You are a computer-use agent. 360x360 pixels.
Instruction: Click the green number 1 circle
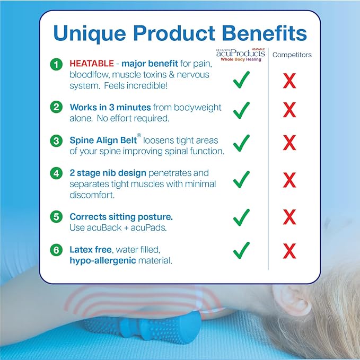pyautogui.click(x=56, y=65)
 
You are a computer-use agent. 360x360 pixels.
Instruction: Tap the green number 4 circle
pyautogui.click(x=56, y=173)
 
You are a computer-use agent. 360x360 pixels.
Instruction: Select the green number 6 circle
pyautogui.click(x=56, y=249)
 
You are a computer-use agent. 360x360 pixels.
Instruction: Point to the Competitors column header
pyautogui.click(x=292, y=55)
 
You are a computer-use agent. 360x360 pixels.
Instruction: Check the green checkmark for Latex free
pyautogui.click(x=241, y=248)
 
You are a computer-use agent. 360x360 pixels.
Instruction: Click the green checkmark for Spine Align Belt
pyautogui.click(x=241, y=143)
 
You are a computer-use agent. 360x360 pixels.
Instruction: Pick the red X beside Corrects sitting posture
pyautogui.click(x=289, y=217)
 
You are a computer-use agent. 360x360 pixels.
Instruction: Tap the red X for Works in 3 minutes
pyautogui.click(x=289, y=110)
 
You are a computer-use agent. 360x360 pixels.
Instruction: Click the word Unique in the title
pyautogui.click(x=88, y=33)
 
